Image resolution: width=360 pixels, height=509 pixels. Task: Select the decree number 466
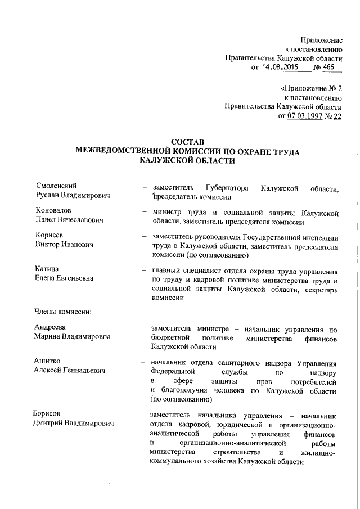326,67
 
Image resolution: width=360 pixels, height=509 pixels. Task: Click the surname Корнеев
51,236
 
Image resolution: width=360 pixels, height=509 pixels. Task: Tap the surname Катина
47,269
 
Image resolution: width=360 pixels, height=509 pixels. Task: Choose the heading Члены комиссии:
64,310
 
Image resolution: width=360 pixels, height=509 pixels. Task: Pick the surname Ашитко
48,361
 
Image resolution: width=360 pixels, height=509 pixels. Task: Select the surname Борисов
50,415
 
